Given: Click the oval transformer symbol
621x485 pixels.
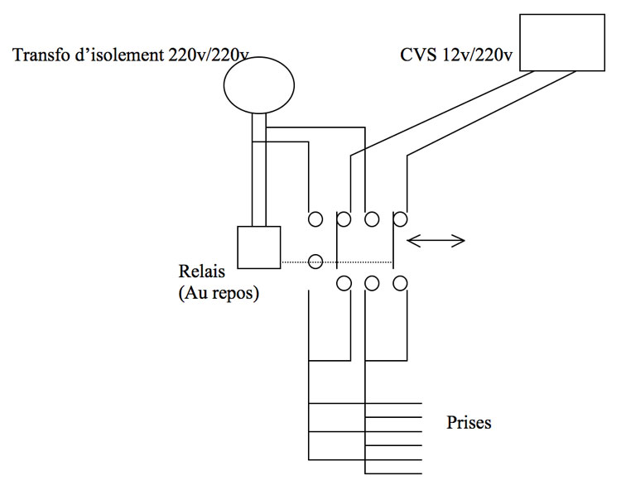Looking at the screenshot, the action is point(259,85).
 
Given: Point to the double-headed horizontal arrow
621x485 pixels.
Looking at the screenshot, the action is point(436,240).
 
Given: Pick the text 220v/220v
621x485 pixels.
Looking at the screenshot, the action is point(209,55).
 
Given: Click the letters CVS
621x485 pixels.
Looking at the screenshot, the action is point(417,55).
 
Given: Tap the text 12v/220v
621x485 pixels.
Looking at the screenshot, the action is point(477,55).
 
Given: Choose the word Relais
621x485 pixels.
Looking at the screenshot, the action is point(201,271).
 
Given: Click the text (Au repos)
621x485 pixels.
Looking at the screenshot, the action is point(219,293).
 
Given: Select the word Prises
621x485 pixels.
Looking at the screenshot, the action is point(469,422).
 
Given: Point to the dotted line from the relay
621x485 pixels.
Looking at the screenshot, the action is point(337,262).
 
